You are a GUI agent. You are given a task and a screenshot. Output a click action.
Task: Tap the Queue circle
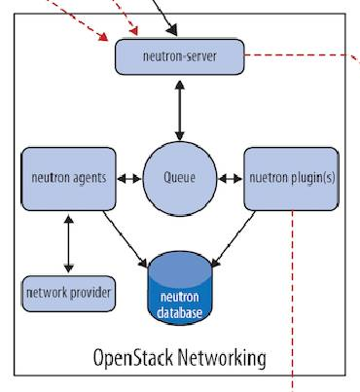180,179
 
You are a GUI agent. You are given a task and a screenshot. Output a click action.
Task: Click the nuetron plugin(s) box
290,179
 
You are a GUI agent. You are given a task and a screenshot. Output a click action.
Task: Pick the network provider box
68,293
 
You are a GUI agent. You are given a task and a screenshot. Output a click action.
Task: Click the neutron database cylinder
180,289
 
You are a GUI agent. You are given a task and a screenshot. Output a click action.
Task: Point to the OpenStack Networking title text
178,357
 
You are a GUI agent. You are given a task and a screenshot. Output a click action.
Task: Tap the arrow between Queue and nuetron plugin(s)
230,179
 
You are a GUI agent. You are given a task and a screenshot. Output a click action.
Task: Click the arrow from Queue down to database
180,239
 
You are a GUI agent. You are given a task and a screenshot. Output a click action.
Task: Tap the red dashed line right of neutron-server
302,55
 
